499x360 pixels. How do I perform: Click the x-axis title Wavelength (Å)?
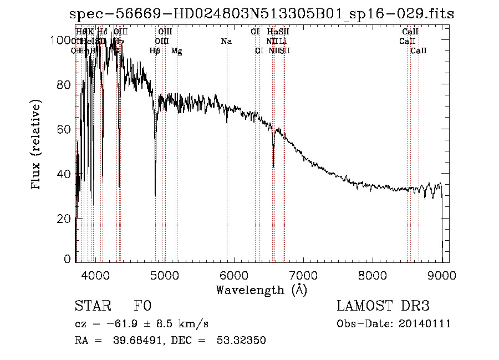(261, 290)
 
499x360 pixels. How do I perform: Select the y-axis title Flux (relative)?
(37, 146)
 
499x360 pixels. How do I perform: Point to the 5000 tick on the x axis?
(164, 275)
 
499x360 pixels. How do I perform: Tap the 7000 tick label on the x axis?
(303, 275)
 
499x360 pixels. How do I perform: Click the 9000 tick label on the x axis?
(441, 275)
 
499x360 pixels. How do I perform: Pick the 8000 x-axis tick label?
(372, 275)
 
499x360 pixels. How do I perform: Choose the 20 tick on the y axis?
(65, 219)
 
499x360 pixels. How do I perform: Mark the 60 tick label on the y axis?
(65, 129)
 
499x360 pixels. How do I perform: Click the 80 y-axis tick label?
(65, 85)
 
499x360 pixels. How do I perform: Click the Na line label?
(226, 42)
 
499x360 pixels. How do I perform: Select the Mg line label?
(177, 51)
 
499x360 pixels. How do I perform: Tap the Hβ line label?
(155, 51)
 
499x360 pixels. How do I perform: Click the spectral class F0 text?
(142, 307)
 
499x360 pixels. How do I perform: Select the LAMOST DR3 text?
(383, 307)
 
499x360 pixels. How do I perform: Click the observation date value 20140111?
(427, 324)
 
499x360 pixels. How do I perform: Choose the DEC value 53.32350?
(242, 341)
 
